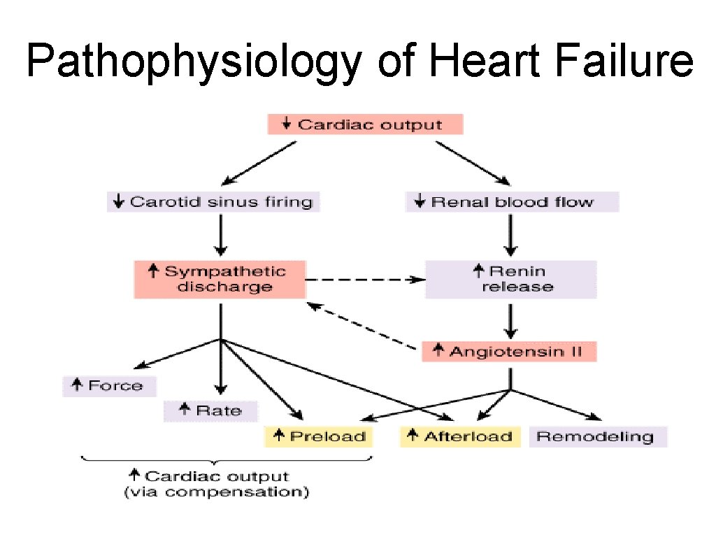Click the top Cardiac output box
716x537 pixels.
pos(365,125)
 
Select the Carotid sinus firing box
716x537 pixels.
pos(213,202)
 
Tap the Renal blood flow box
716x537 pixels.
pos(512,202)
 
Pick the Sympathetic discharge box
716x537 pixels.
pos(220,279)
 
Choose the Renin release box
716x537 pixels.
pos(511,279)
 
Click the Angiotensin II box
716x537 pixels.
pos(509,351)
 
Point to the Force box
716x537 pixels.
pos(109,386)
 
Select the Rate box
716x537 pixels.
pos(210,410)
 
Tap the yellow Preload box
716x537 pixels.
pos(320,437)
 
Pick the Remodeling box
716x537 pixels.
pos(598,437)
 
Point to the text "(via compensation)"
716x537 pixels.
pos(217,492)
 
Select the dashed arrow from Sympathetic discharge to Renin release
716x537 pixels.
pos(365,279)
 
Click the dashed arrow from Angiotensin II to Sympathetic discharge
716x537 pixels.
pos(364,324)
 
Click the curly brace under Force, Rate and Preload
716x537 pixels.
pos(227,459)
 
